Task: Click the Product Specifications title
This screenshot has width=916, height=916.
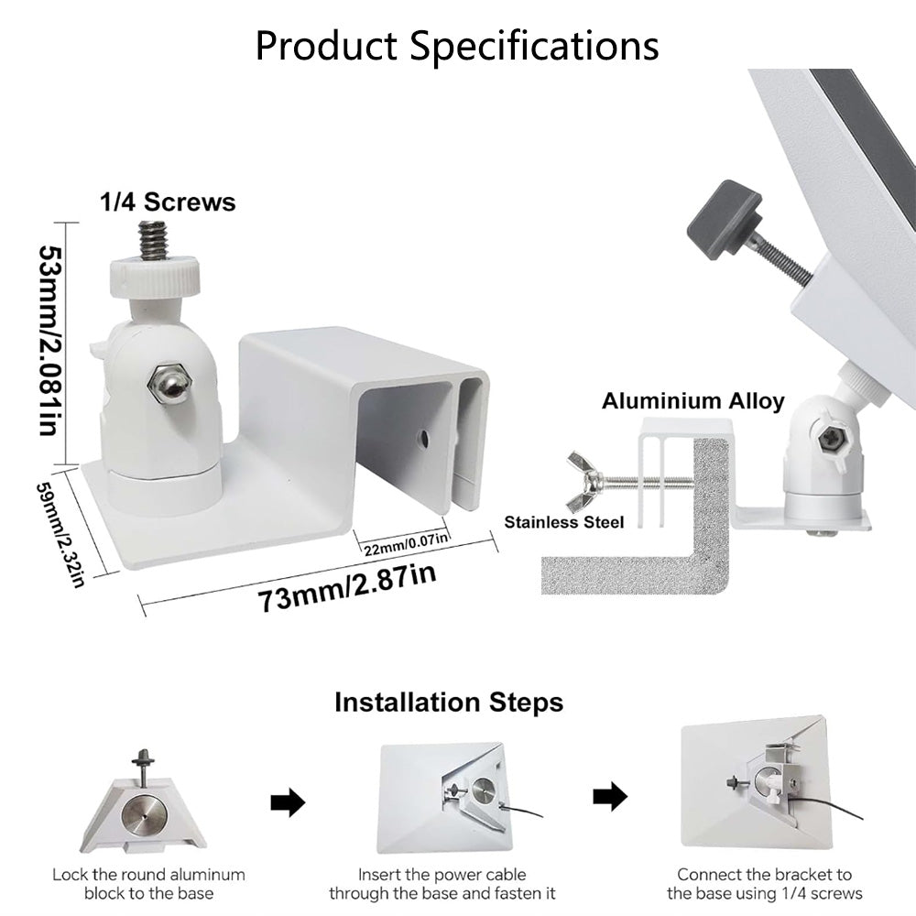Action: tap(456, 45)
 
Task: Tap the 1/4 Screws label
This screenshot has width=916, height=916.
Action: tap(168, 202)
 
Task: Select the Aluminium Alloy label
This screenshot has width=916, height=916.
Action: tap(692, 400)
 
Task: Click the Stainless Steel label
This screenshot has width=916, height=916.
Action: tap(564, 522)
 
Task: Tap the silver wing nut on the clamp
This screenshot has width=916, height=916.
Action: tap(583, 480)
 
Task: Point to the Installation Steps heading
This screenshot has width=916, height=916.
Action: tap(448, 703)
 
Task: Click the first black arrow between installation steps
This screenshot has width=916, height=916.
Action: tap(288, 803)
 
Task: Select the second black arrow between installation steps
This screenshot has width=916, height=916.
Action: tap(609, 797)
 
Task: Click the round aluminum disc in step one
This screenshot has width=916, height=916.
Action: tap(145, 813)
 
